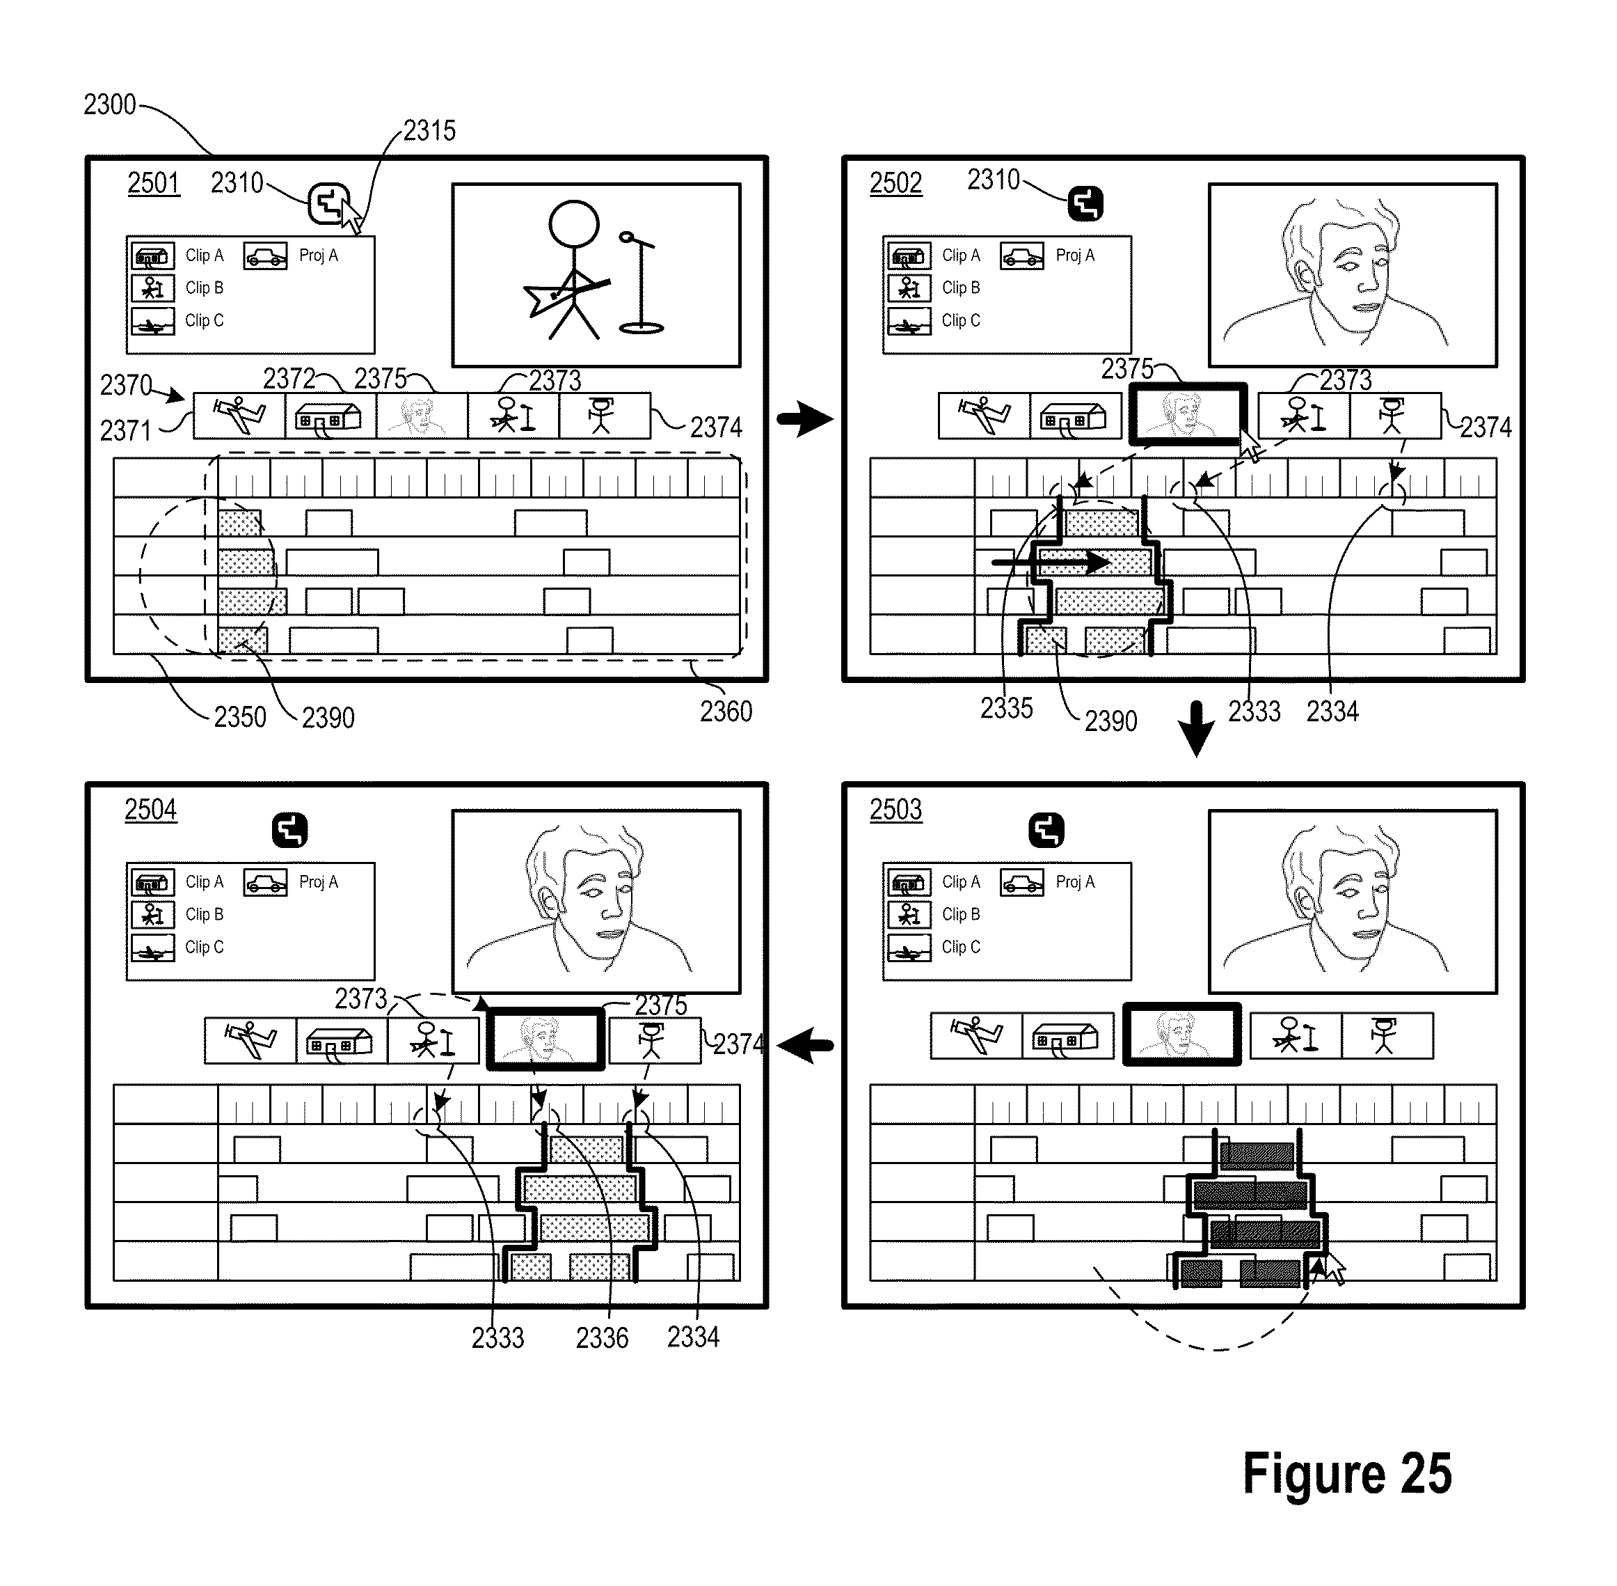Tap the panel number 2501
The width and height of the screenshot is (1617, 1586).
pyautogui.click(x=153, y=182)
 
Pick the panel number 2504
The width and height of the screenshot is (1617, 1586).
pyautogui.click(x=151, y=809)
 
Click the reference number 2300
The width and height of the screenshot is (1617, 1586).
pyautogui.click(x=109, y=104)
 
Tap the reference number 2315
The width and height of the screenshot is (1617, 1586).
pyautogui.click(x=429, y=130)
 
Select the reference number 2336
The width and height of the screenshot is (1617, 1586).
pyautogui.click(x=602, y=1337)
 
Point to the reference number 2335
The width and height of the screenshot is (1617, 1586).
pyautogui.click(x=1007, y=708)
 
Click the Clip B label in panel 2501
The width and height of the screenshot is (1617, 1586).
pyautogui.click(x=204, y=288)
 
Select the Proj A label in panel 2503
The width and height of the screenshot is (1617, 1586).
pyautogui.click(x=1075, y=881)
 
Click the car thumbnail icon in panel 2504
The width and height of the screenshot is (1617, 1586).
pyautogui.click(x=266, y=882)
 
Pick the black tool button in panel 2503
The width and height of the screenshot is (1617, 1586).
pyautogui.click(x=1046, y=830)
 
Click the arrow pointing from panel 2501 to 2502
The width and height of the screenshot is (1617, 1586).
pyautogui.click(x=804, y=418)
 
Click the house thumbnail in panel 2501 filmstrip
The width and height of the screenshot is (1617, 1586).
pyautogui.click(x=330, y=416)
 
